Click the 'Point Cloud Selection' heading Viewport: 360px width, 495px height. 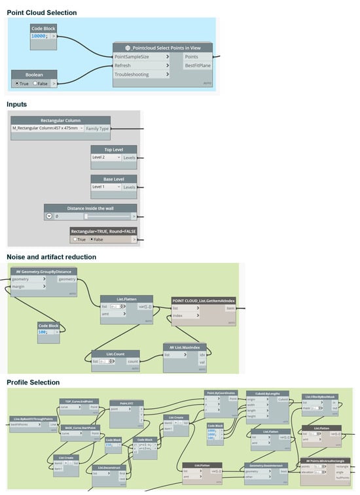[41, 12]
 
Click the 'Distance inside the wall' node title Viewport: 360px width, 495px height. [90, 208]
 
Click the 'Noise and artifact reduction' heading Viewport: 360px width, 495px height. [51, 257]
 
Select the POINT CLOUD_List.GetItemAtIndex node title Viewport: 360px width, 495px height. [204, 301]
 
